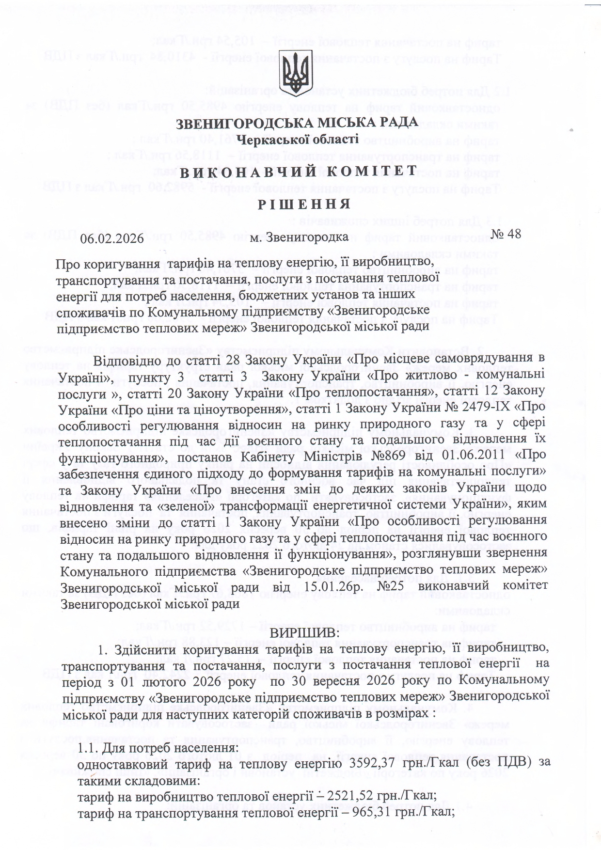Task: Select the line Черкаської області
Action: [300, 140]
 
